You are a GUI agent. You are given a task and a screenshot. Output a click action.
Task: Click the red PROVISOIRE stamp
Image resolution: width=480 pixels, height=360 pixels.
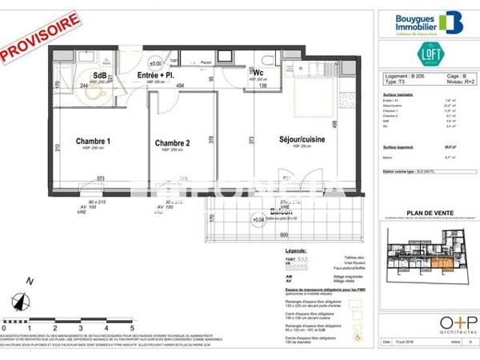pyautogui.click(x=42, y=38)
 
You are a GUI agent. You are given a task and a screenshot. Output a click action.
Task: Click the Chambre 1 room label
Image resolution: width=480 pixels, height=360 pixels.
pyautogui.click(x=93, y=142)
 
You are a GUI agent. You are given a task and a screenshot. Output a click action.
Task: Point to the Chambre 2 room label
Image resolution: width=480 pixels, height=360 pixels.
pyautogui.click(x=172, y=143)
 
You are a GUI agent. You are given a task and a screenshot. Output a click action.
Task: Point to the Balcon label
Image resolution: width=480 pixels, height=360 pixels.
pyautogui.click(x=279, y=212)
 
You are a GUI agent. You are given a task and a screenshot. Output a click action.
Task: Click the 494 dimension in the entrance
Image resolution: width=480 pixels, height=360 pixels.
pyautogui.click(x=180, y=85)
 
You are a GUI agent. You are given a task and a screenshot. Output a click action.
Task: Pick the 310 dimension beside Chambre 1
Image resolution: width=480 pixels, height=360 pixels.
pyautogui.click(x=58, y=149)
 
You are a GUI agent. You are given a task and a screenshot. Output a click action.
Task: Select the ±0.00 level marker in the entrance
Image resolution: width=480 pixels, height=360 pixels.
pyautogui.click(x=155, y=63)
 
